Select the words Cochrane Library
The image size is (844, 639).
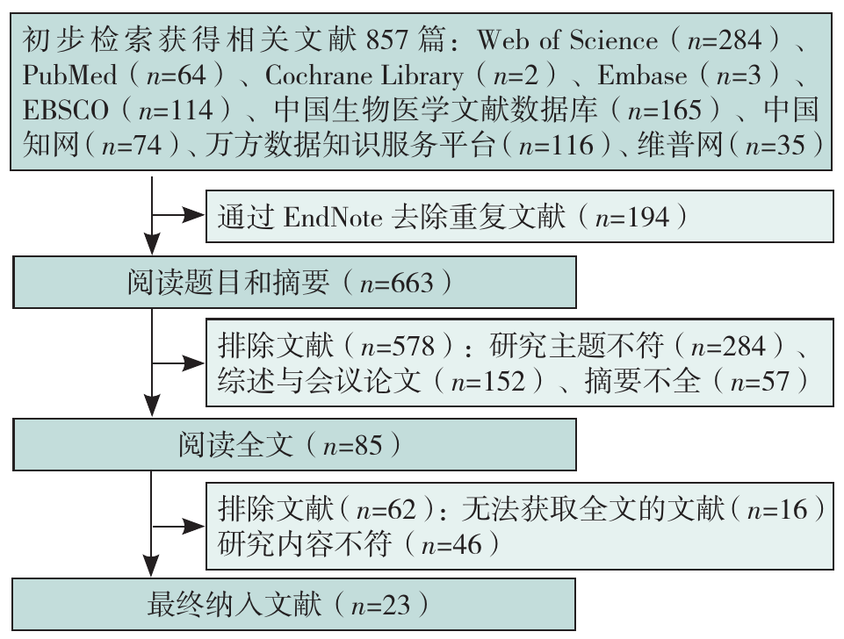364,75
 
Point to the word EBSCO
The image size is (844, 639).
67,111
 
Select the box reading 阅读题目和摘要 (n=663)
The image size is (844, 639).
294,282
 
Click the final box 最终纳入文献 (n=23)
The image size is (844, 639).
294,605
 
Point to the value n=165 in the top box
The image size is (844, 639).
665,111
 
